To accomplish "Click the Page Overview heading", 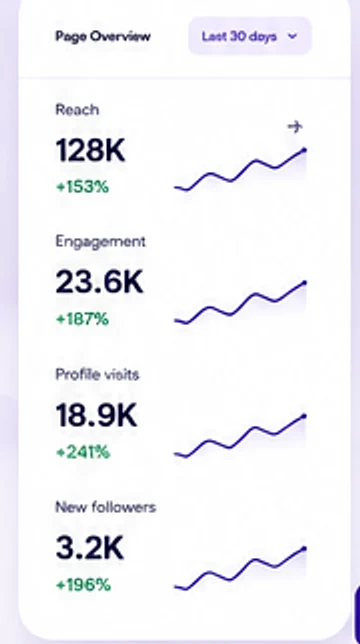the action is (x=103, y=37).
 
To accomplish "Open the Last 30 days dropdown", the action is (x=250, y=36).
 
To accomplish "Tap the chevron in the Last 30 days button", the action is (x=292, y=36).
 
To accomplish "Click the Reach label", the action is (x=77, y=110).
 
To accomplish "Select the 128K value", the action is (x=90, y=151).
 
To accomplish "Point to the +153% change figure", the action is (x=83, y=187).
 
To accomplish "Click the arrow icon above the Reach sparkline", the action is (x=295, y=126).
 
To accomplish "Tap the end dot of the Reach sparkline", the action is (x=304, y=150).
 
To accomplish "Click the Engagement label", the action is (x=101, y=242).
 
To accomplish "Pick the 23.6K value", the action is (x=99, y=283).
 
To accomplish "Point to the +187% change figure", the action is (x=83, y=319).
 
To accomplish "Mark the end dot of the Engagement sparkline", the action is (x=304, y=283).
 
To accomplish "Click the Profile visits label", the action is (x=97, y=375).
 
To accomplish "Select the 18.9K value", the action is (x=96, y=416).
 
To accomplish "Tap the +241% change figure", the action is (x=83, y=453).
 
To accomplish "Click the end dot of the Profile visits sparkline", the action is (x=304, y=416).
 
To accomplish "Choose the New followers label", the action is (x=106, y=507).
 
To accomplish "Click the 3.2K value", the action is (x=89, y=548).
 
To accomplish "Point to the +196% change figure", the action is (x=83, y=585).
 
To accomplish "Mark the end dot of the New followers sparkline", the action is (x=304, y=549).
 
